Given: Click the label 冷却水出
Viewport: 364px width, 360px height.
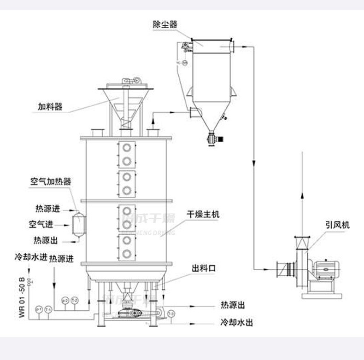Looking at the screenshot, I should [237, 322].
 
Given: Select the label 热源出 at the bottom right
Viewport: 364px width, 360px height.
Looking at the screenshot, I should [233, 305].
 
